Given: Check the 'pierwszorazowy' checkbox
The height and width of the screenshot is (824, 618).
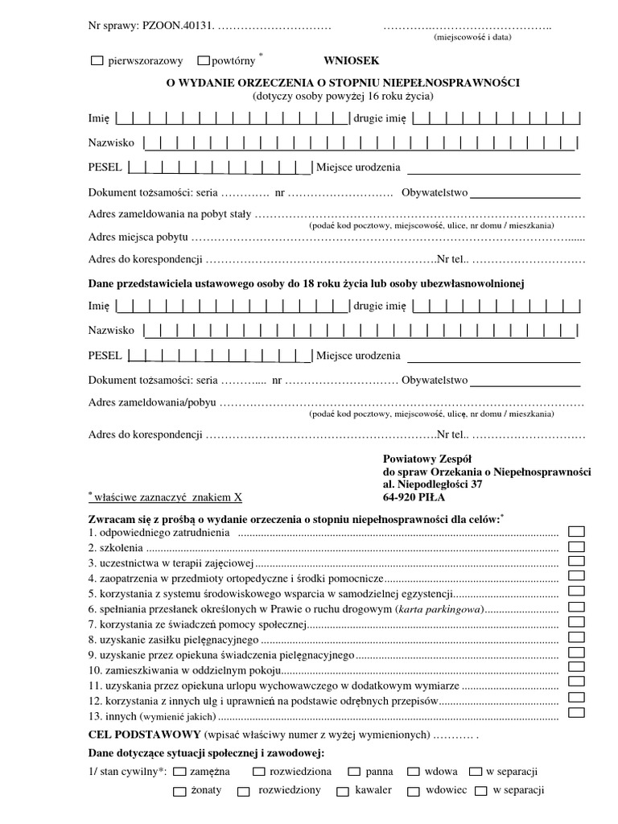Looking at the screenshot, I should (98, 60).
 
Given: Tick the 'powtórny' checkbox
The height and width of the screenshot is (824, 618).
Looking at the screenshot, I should (204, 60).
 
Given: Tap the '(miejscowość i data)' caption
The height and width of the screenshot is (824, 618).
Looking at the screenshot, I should (470, 37).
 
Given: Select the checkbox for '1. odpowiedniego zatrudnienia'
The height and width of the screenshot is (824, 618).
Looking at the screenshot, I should (577, 531).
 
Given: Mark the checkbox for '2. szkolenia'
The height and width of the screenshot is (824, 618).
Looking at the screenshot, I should (577, 546).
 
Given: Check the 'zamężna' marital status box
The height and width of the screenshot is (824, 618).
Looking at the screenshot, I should (179, 771).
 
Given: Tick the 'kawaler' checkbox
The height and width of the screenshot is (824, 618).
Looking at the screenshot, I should (342, 791).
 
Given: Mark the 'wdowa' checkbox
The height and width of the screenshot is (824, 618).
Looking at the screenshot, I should (414, 771).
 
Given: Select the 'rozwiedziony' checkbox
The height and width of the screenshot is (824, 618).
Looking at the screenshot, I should (243, 791).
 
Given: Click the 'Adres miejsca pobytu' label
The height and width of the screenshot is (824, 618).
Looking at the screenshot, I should (138, 237).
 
